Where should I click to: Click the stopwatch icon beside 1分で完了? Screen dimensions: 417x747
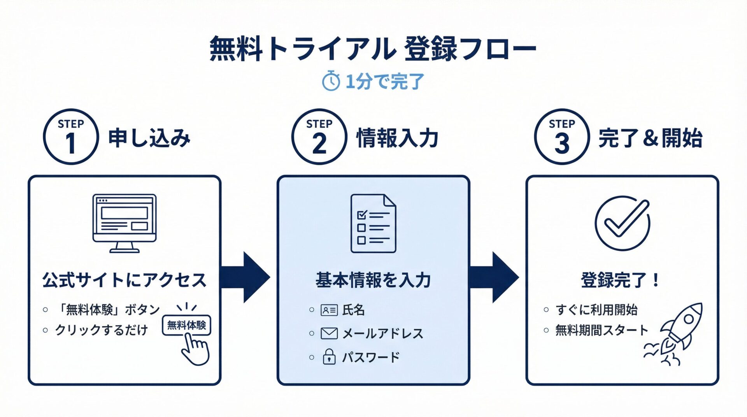[x=331, y=81]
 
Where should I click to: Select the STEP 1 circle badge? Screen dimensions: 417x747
[x=70, y=137]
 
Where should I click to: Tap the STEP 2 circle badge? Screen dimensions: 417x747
[x=319, y=137]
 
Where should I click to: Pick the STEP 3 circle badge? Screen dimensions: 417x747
[x=562, y=137]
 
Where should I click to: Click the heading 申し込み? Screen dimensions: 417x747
[x=149, y=138]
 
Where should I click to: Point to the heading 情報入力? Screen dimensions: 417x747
[x=397, y=138]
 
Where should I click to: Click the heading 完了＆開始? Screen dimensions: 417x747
[x=650, y=138]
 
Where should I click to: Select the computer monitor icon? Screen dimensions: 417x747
[x=124, y=223]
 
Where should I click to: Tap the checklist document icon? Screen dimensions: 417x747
[x=373, y=223]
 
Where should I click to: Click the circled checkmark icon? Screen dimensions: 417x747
[x=622, y=223]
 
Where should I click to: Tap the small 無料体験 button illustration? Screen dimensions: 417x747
[x=186, y=325]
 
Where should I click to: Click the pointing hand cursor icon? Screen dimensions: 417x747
[x=196, y=349]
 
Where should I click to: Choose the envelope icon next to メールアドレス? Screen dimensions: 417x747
[x=329, y=333]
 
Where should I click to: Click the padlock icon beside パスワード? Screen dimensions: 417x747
[x=329, y=357]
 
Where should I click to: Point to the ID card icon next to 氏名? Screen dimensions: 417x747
[x=329, y=310]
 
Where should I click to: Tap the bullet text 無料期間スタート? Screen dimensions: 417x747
[x=601, y=330]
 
